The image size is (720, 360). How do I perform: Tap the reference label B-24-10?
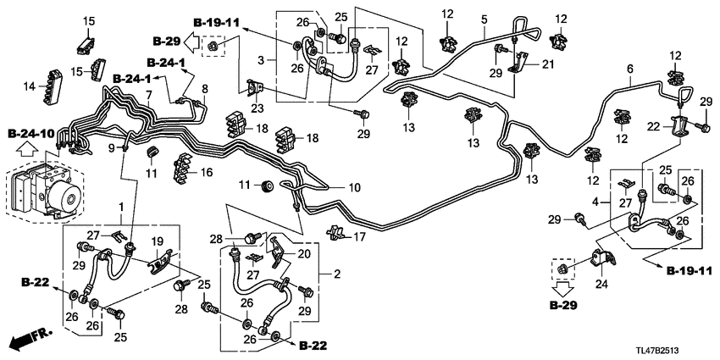coord(31,134)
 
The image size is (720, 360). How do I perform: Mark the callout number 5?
coord(485,19)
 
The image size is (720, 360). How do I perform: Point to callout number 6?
coord(629,69)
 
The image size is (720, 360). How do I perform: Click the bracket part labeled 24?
coord(603,258)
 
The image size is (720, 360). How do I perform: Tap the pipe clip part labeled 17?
coord(338,231)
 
